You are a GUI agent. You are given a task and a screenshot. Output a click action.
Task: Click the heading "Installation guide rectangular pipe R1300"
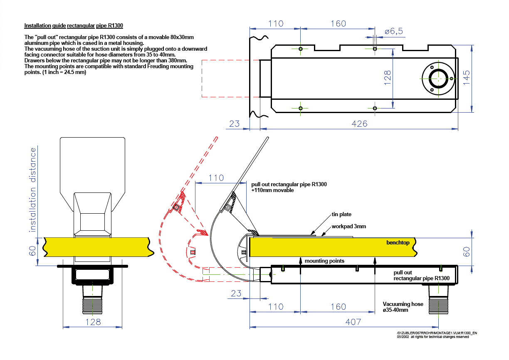tap(74, 26)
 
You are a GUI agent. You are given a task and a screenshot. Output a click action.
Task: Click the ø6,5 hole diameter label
tap(393, 31)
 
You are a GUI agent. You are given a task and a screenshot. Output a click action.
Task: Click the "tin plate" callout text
tap(341, 215)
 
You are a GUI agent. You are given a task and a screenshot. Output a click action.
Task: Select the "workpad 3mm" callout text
tap(349, 227)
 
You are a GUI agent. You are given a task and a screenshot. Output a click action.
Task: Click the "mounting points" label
tap(324, 261)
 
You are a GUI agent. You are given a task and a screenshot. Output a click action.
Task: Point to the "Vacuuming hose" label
tap(403, 304)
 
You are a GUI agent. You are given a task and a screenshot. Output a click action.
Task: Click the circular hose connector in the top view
tap(437, 78)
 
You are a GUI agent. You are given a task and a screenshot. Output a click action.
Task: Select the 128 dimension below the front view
tap(93, 322)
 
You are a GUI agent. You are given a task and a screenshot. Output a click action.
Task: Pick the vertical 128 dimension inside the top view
tap(388, 78)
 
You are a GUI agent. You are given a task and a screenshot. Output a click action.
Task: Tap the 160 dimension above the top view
tap(338, 24)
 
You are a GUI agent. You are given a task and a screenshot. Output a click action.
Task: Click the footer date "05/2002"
tap(403, 337)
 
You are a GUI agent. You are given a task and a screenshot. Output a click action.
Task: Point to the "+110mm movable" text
tap(272, 190)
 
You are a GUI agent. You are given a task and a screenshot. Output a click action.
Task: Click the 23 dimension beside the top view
tap(235, 124)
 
